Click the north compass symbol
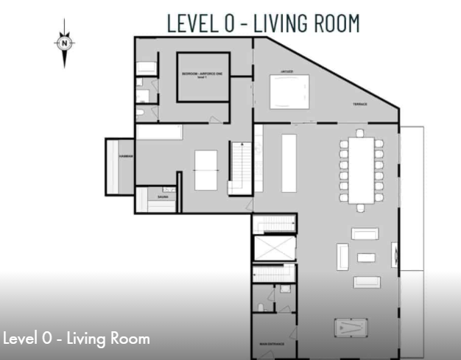66,43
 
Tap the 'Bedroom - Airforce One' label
202,75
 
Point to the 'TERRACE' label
359,105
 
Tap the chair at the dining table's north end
361,133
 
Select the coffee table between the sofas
365,258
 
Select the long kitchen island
288,162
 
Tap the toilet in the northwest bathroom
140,112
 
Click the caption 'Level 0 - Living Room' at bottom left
77,339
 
